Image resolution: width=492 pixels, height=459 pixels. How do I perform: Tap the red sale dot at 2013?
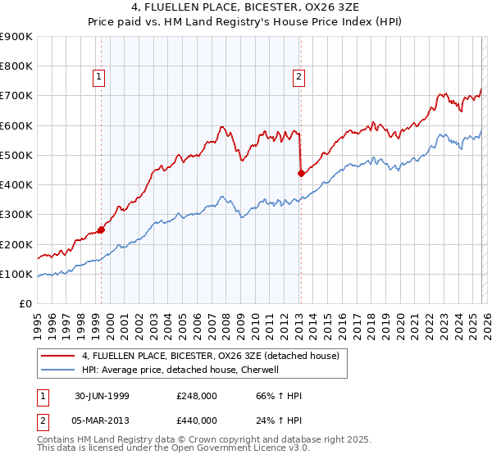click(x=301, y=173)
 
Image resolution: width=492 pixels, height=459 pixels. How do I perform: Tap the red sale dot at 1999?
click(x=102, y=230)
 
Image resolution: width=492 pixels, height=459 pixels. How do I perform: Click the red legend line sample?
click(x=58, y=355)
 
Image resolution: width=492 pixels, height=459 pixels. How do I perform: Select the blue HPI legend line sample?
click(x=58, y=370)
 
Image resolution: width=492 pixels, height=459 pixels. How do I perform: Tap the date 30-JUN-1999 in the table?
click(x=99, y=396)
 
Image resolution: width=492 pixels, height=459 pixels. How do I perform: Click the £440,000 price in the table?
click(x=197, y=420)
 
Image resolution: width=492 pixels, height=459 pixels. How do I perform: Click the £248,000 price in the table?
click(x=197, y=396)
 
